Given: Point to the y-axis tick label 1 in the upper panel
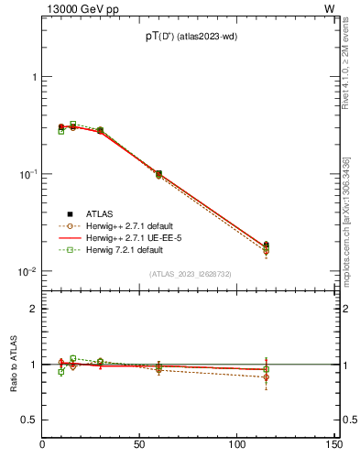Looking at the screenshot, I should point(35,77).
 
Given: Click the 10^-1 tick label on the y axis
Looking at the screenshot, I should point(29,174).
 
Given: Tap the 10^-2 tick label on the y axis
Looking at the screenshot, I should point(29,271).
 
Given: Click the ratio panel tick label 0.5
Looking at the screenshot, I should point(31,420).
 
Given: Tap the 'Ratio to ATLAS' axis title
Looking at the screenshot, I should point(13,364).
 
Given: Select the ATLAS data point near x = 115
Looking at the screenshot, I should point(266,245).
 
